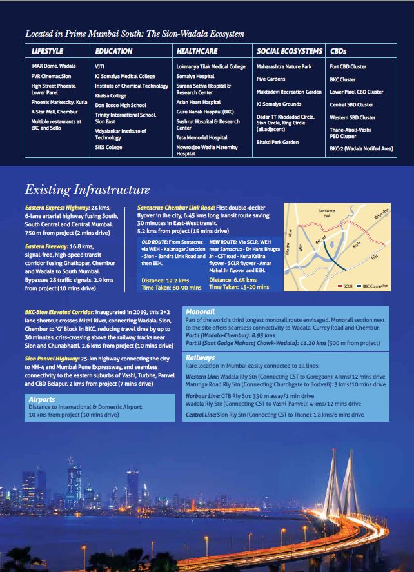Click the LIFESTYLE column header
[x=48, y=50]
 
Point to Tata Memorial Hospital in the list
[x=202, y=137]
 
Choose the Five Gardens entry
[x=271, y=79]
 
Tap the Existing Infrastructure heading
[x=87, y=190]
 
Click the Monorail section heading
[x=200, y=311]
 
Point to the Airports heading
[x=42, y=399]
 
